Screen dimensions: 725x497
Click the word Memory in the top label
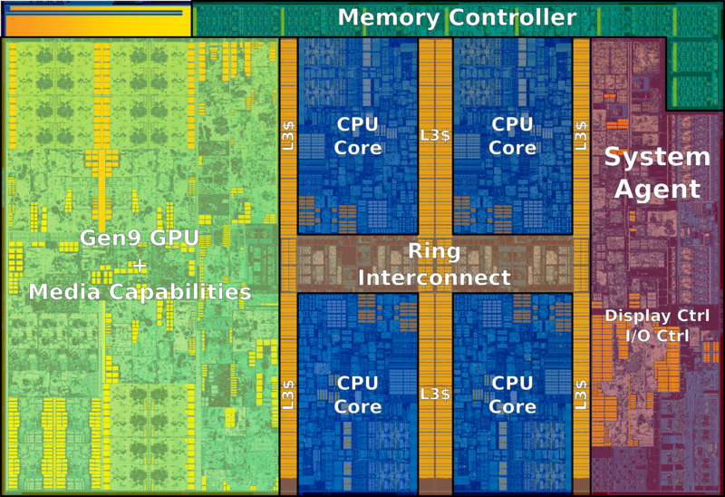coord(389,18)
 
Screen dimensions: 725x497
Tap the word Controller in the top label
coord(513,17)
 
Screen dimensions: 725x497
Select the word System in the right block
coord(657,157)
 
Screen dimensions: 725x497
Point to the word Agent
coord(657,190)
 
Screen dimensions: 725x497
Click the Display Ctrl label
coord(657,316)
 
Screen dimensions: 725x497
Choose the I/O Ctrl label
coord(657,336)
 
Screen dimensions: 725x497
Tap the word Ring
coord(434,252)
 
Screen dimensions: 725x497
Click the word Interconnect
coord(434,278)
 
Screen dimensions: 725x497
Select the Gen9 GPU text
coord(140,238)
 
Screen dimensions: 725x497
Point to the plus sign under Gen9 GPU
coord(140,266)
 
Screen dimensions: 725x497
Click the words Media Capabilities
coord(140,292)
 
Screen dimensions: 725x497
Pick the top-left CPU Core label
coord(357,136)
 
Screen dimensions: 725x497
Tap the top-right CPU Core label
coord(512,136)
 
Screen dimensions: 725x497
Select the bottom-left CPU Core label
coord(357,395)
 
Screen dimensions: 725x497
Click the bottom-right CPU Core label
coord(512,395)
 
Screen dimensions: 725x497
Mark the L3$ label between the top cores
coord(435,135)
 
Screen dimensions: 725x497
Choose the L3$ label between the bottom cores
coord(435,394)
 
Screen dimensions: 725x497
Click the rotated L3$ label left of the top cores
coord(288,136)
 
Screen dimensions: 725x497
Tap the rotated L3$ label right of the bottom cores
coord(581,395)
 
